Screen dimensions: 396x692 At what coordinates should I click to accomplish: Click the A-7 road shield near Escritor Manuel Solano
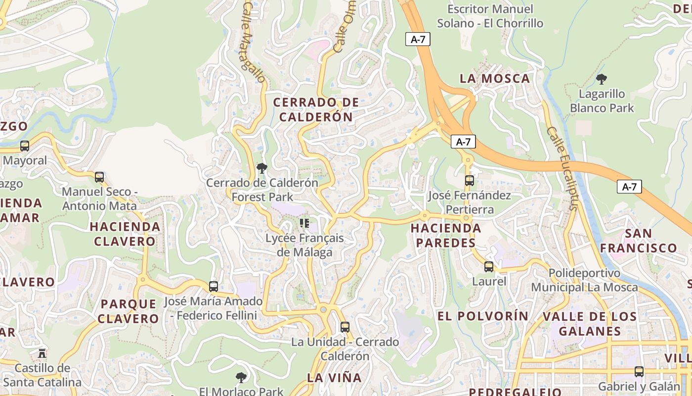tap(418, 40)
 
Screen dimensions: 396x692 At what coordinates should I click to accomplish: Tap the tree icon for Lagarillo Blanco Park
tap(602, 79)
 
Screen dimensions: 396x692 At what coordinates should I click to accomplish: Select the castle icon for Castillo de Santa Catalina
tap(42, 353)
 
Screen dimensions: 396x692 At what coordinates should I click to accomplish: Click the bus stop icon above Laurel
tap(489, 267)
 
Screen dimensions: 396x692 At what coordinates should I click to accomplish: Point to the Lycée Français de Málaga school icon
tap(304, 223)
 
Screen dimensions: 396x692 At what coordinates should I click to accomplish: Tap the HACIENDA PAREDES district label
tap(446, 236)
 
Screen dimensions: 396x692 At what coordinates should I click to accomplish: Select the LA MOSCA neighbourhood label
tap(495, 78)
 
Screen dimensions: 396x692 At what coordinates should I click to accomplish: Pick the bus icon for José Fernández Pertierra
tap(470, 181)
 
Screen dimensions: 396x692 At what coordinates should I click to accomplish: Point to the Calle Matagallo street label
tap(254, 42)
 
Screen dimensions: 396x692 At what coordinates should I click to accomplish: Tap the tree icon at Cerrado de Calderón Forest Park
tap(262, 168)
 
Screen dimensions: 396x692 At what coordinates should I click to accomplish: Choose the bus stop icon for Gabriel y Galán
tap(639, 372)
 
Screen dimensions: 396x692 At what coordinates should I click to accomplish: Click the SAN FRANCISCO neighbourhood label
tap(638, 241)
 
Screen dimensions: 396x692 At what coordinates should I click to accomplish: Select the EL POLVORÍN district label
tap(483, 316)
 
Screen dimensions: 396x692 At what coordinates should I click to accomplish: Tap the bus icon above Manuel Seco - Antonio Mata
tap(99, 177)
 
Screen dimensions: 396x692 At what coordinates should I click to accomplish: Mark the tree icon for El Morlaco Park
tap(241, 378)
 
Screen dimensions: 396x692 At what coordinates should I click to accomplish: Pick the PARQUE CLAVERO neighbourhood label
tap(128, 311)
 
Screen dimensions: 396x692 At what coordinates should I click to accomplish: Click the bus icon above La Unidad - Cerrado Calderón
tap(345, 327)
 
